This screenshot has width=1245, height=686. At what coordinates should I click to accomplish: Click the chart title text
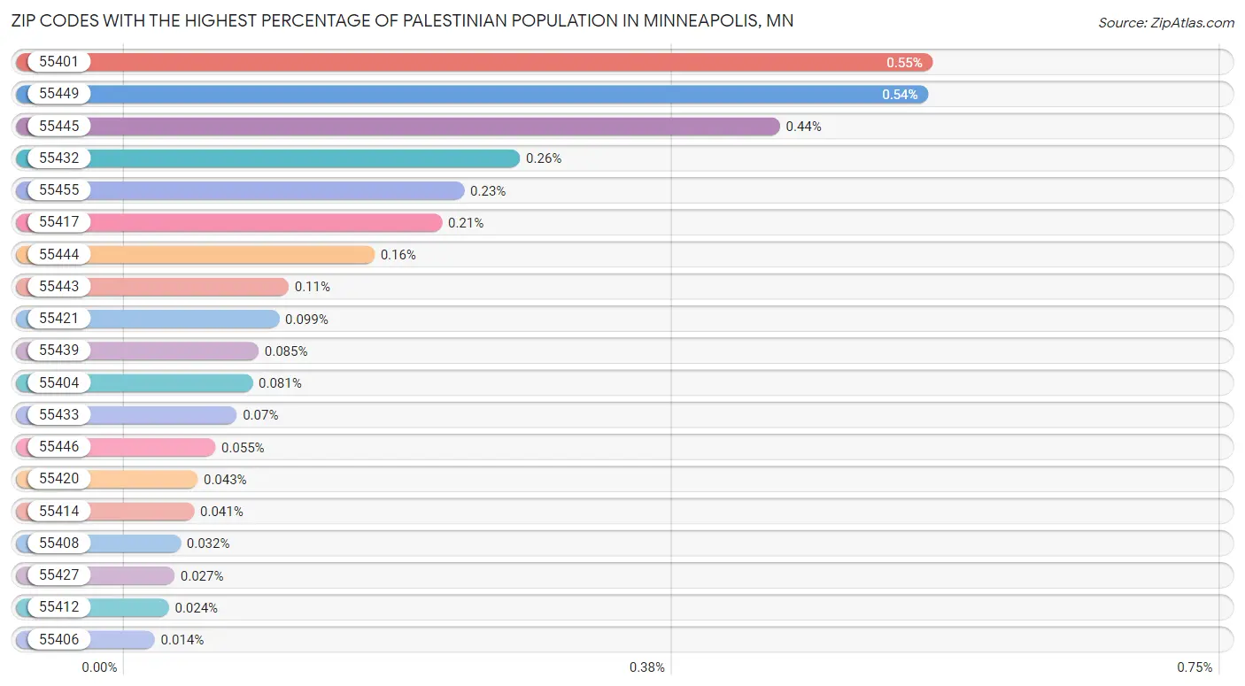point(403,21)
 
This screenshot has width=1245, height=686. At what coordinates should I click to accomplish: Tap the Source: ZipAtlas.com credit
point(1164,22)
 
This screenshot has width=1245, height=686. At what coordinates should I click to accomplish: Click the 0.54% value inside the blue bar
point(900,95)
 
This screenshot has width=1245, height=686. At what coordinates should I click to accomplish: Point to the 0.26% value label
point(544,158)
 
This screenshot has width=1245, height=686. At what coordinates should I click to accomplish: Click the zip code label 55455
point(59,190)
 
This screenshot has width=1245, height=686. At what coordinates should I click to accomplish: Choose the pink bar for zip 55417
point(266,223)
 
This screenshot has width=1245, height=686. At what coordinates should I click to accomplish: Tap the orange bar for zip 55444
point(230,255)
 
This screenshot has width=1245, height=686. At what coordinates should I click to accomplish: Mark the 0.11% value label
point(313,287)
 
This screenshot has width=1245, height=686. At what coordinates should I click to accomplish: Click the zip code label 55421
point(59,319)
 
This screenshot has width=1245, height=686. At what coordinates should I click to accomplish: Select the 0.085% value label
point(286,351)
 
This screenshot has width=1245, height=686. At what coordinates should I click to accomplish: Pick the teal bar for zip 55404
point(177,383)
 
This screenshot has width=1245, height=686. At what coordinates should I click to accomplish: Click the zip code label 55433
point(59,415)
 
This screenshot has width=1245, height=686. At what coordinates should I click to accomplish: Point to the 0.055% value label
point(243,448)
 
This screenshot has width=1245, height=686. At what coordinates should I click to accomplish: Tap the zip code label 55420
point(59,479)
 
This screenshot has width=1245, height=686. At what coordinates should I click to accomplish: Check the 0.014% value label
point(182,640)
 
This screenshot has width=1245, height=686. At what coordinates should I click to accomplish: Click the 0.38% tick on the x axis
point(647,667)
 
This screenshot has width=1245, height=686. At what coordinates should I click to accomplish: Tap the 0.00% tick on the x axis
point(99,667)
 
